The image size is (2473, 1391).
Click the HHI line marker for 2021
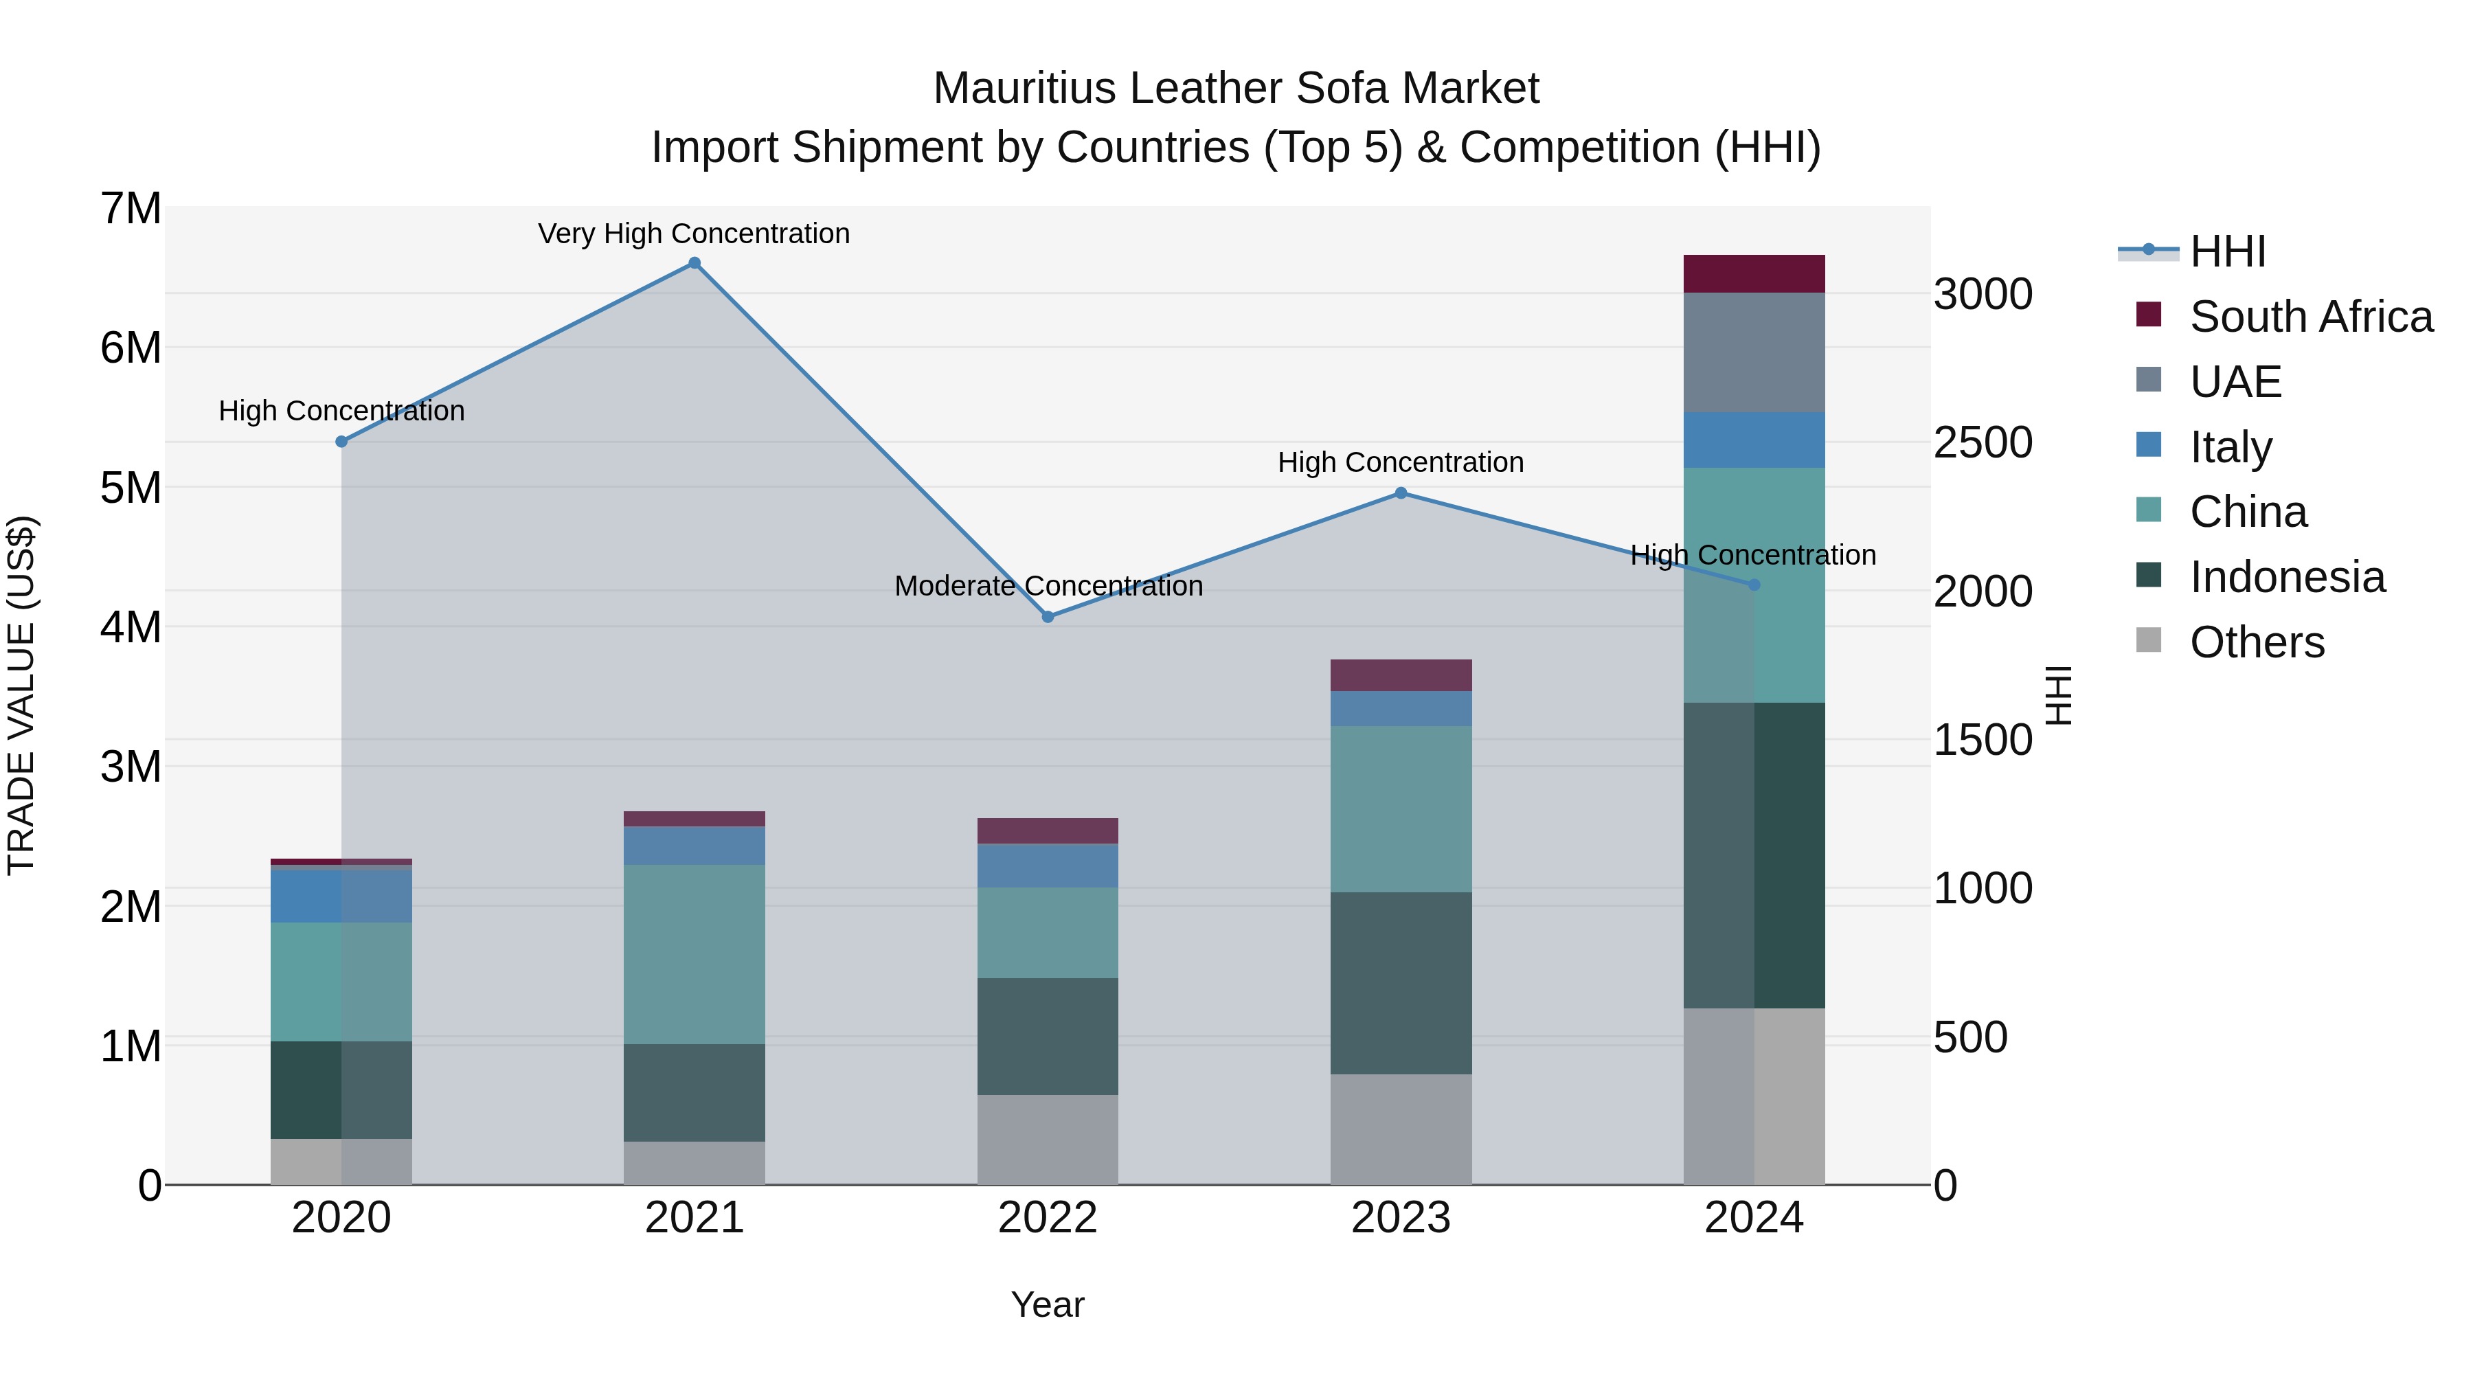click(x=694, y=263)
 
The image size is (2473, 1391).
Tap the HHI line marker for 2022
click(x=1048, y=616)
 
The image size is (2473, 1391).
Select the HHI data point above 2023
click(x=1401, y=493)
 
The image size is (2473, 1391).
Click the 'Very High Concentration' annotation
click(x=693, y=234)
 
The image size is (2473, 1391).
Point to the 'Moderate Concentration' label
click(x=1048, y=585)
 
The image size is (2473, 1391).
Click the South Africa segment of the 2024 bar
click(x=1754, y=273)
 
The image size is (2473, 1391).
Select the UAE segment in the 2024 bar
click(x=1754, y=352)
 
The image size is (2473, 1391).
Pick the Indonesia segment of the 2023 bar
click(x=1401, y=982)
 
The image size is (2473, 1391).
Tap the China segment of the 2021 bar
click(x=694, y=954)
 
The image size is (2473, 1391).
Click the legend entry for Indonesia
click(x=2287, y=577)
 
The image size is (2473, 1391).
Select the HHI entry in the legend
click(x=2227, y=251)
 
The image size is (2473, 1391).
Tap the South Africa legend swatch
click(x=2149, y=315)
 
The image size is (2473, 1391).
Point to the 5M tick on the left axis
click(x=131, y=488)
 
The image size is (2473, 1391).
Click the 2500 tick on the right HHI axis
click(x=1983, y=442)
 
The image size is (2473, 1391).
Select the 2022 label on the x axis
click(x=1048, y=1218)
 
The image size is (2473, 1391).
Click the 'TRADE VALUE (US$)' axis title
click(x=21, y=695)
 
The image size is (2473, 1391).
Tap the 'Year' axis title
click(x=1048, y=1304)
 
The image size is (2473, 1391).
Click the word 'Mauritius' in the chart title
click(x=1024, y=89)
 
